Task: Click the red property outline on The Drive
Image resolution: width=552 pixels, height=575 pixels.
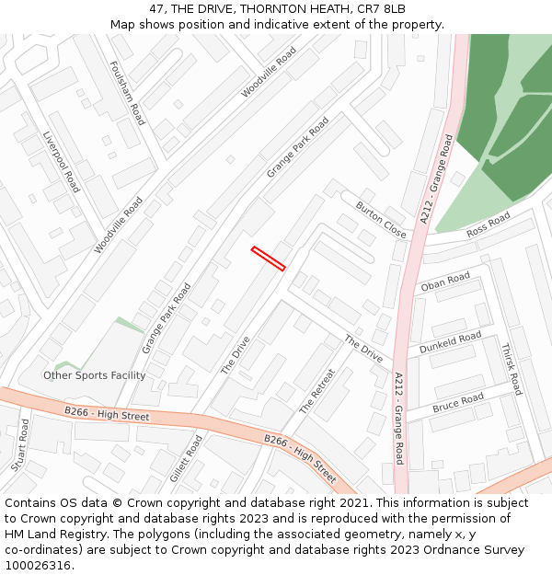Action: click(268, 258)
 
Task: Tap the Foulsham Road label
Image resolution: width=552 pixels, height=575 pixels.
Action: click(127, 93)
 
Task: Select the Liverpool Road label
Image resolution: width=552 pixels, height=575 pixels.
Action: click(62, 162)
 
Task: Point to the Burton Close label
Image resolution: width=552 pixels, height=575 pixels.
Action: click(381, 220)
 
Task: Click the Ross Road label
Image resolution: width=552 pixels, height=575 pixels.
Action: click(488, 225)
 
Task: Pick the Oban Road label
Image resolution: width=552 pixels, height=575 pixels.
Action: click(445, 282)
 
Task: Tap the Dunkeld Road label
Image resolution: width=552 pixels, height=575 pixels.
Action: click(450, 344)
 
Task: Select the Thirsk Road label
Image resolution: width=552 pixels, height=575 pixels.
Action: click(512, 369)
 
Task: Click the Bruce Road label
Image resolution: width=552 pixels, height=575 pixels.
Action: click(457, 403)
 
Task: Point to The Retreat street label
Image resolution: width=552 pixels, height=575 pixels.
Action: click(317, 391)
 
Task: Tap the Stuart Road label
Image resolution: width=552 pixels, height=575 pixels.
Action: click(20, 445)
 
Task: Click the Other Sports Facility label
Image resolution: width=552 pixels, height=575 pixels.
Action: click(95, 375)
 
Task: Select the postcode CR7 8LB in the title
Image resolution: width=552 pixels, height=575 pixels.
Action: click(382, 8)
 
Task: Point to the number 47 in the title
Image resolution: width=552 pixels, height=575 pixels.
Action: click(154, 8)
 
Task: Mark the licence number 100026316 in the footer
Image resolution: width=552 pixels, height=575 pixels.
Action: click(38, 566)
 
